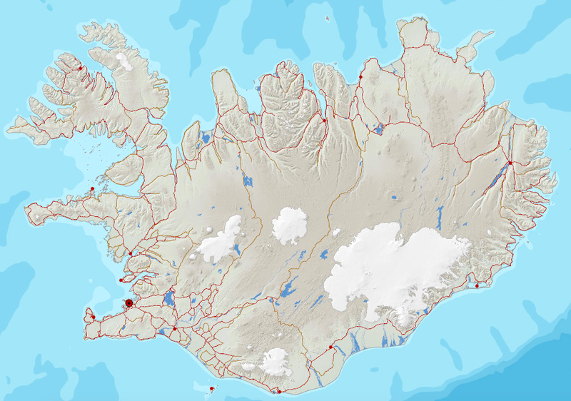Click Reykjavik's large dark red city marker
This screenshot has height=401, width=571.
(x=129, y=303)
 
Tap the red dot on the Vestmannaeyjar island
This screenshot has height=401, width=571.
(x=212, y=389)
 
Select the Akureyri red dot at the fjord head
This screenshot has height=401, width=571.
(x=325, y=121)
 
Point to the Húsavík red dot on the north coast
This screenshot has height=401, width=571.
(x=360, y=76)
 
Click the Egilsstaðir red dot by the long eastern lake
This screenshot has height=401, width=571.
(x=510, y=163)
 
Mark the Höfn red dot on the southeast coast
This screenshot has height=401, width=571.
(x=477, y=286)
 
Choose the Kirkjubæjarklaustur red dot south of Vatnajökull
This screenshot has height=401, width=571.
(x=330, y=347)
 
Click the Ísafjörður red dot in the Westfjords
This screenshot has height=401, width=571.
(x=81, y=68)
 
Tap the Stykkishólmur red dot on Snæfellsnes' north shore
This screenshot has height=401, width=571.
(x=92, y=189)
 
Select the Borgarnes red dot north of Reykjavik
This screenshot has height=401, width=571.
(x=131, y=253)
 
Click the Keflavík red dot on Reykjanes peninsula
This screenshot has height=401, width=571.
(x=94, y=316)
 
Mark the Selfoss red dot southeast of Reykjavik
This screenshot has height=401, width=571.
(x=175, y=329)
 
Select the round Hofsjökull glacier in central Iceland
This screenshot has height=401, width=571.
(x=289, y=225)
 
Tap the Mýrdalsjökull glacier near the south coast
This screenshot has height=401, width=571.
(x=273, y=361)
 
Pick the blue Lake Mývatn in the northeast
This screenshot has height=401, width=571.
(x=377, y=129)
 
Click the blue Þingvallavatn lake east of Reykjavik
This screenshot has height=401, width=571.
(x=168, y=298)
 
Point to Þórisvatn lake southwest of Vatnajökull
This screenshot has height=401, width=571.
(x=288, y=288)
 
